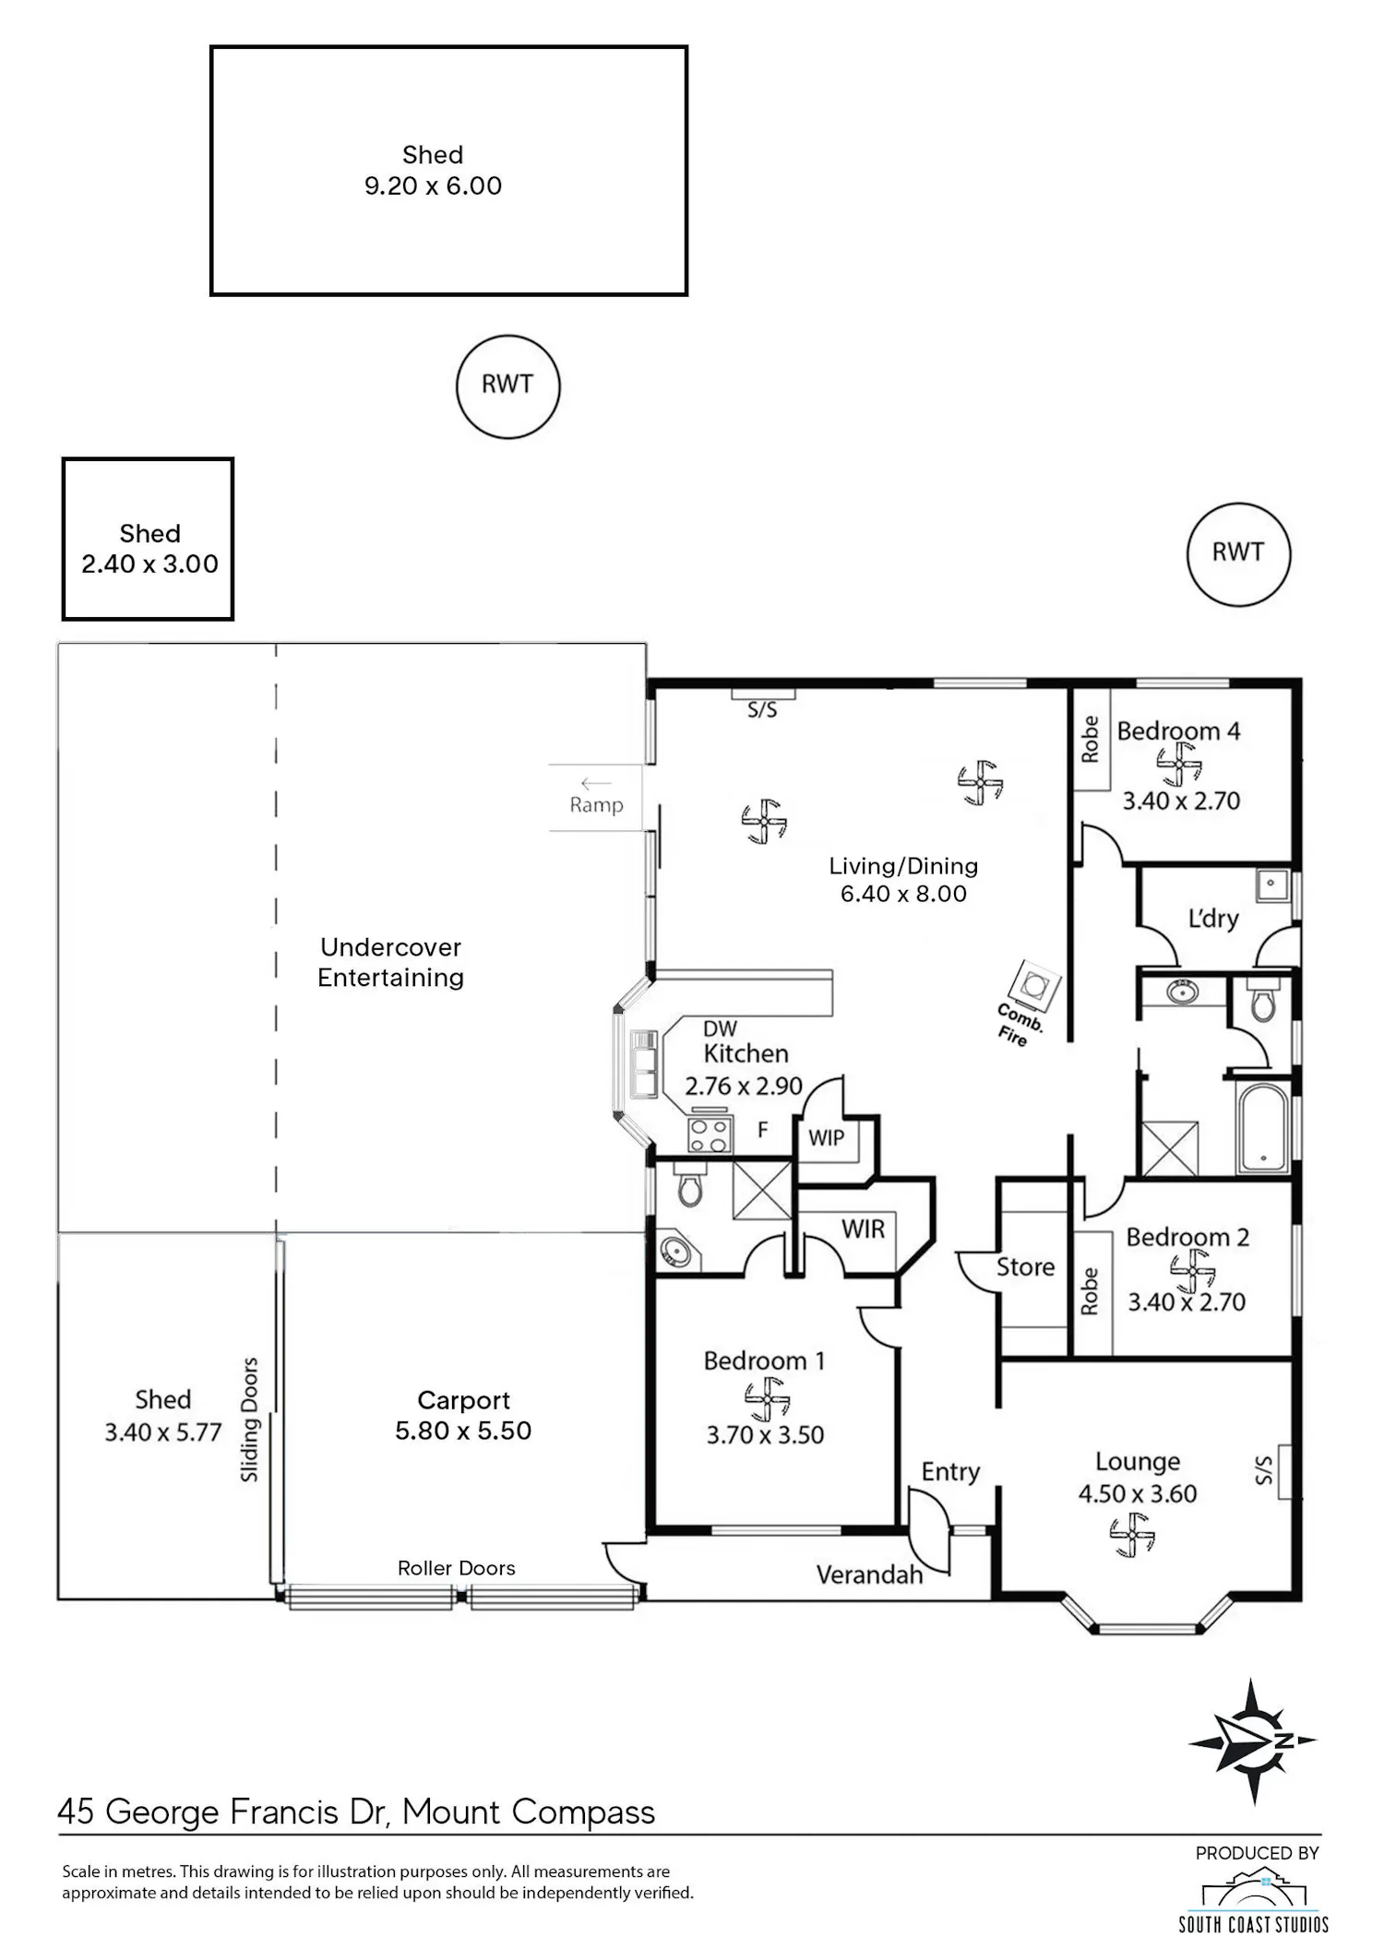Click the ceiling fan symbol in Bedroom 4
tap(1179, 765)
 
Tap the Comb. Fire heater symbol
tap(1034, 985)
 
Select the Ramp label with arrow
tap(596, 795)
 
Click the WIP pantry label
tap(827, 1137)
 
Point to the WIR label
tap(863, 1229)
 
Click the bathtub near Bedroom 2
tap(1261, 1128)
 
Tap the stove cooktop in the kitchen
tap(710, 1135)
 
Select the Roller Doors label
tap(457, 1568)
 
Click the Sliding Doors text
tap(249, 1420)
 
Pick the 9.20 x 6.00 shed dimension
tap(433, 186)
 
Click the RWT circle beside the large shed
tap(507, 386)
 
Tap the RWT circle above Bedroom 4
tap(1238, 554)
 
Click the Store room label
tap(1025, 1267)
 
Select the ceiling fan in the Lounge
tap(1132, 1536)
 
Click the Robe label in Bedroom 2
tap(1090, 1290)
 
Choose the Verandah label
tap(869, 1575)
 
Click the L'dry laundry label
tap(1212, 918)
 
